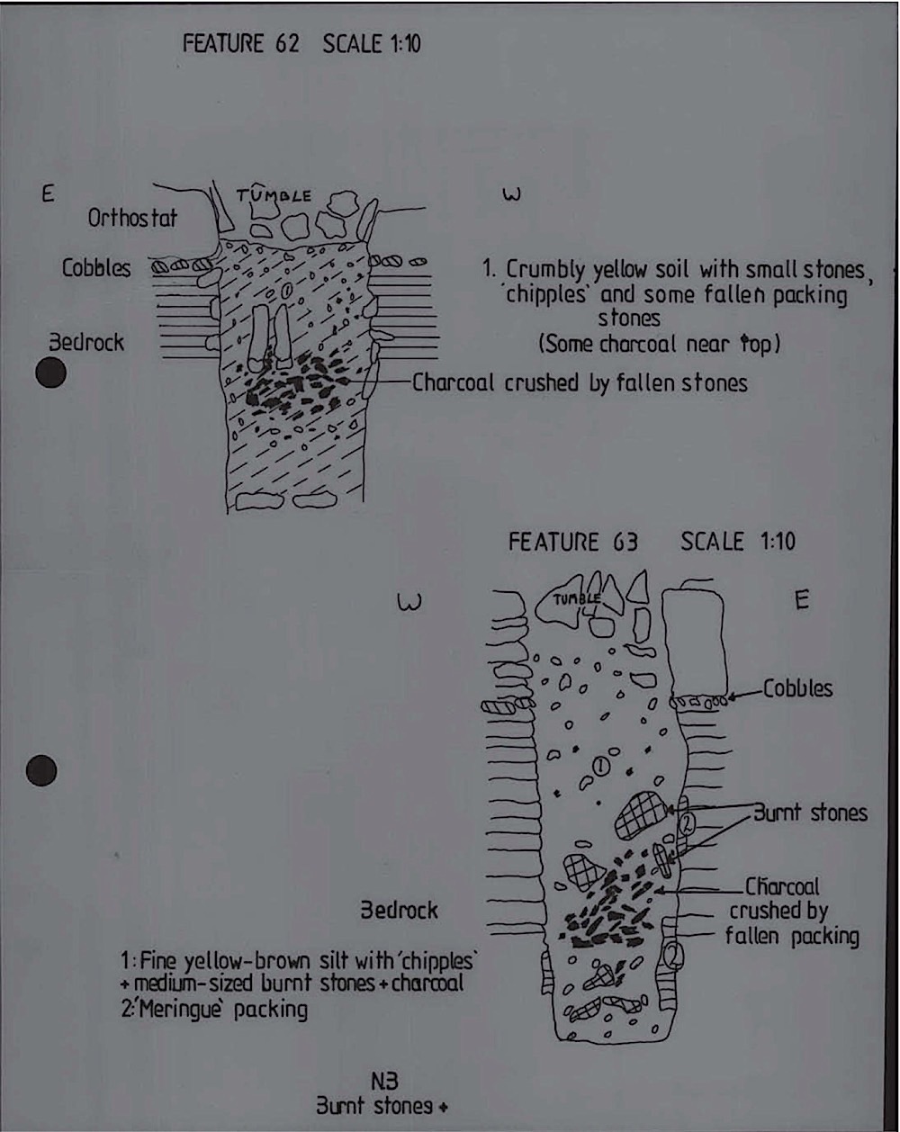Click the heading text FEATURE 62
pos(240,43)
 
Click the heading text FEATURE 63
pos(573,543)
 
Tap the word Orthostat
pos(132,218)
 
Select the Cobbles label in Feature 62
pos(96,268)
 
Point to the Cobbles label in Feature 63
pos(798,688)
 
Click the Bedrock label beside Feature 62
pos(86,343)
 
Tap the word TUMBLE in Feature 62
pos(274,195)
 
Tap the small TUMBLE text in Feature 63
pos(576,599)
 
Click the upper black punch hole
pos(51,373)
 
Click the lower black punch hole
pos(41,770)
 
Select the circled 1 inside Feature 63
pos(601,767)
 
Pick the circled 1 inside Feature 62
pos(287,291)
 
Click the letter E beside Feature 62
pos(48,194)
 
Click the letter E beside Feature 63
pos(802,600)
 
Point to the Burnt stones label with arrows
pos(810,813)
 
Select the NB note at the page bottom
pos(384,1082)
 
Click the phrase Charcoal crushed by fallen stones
pos(580,383)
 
